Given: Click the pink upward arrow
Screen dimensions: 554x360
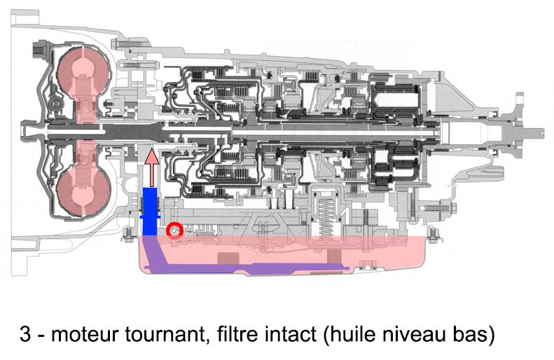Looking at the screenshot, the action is tap(152, 167).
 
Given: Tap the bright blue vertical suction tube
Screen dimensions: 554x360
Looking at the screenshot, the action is tap(150, 212).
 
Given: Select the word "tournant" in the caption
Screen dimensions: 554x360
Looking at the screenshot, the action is tap(165, 334).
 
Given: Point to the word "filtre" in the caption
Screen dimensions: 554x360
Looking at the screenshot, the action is tap(236, 333).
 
